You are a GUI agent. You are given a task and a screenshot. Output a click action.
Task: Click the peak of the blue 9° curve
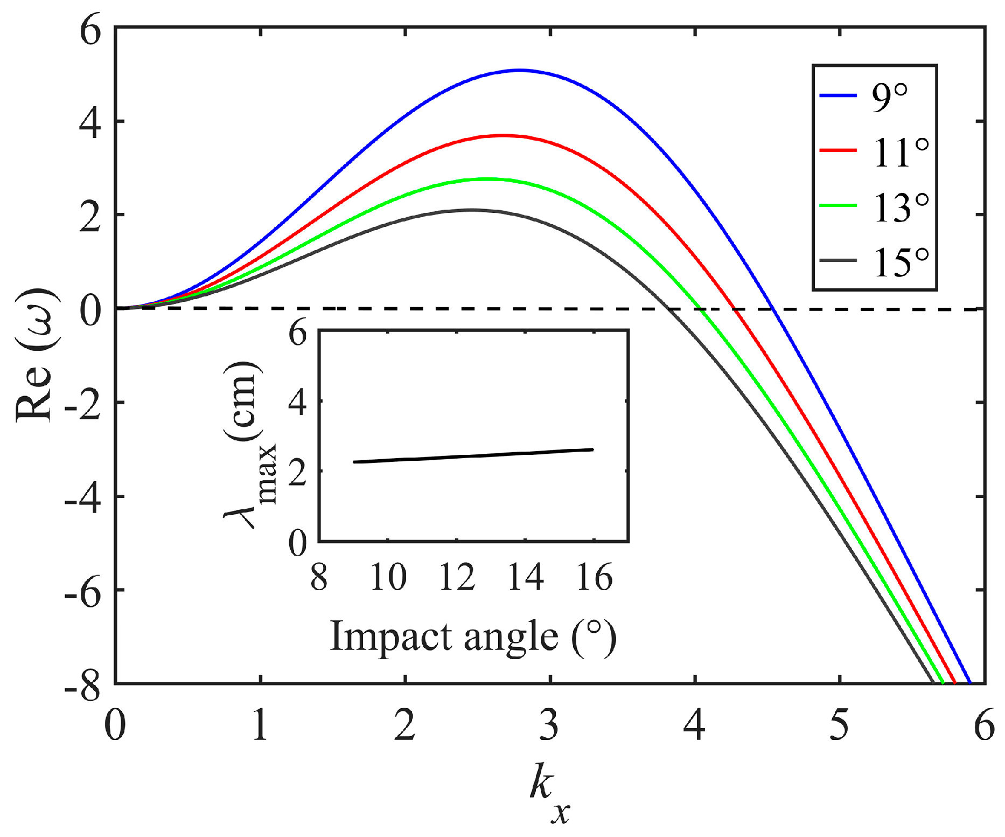519,70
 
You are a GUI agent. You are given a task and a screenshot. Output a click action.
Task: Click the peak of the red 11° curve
503,135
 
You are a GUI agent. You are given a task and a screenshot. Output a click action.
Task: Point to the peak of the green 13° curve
486,178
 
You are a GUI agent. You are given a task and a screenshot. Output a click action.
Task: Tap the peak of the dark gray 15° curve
472,210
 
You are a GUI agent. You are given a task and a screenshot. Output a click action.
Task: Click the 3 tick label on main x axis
549,725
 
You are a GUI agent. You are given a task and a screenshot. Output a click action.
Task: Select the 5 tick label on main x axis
839,725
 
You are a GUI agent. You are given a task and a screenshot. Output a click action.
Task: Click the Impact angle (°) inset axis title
473,637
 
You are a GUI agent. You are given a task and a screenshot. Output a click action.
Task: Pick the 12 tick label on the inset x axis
457,578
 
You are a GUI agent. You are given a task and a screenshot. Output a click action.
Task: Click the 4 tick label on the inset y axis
297,402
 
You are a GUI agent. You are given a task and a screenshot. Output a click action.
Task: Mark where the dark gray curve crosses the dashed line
668,309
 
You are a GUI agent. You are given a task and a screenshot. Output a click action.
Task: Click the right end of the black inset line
593,449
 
